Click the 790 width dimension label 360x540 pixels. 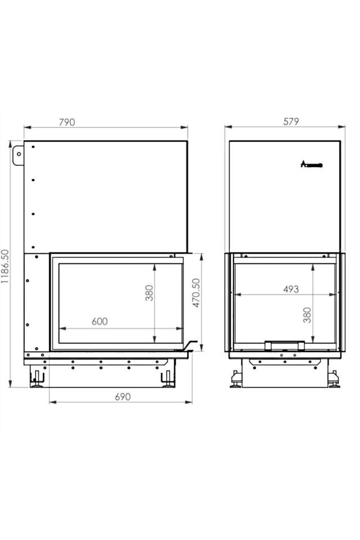66,121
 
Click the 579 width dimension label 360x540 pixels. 291,121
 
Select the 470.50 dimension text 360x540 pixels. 196,293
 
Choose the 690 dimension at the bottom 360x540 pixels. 123,397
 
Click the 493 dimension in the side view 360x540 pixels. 291,289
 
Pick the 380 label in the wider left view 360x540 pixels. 150,292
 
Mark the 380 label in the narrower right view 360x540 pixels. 307,314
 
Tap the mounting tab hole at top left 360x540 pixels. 18,152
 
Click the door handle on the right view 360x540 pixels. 285,344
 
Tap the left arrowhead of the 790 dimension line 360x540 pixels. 26,127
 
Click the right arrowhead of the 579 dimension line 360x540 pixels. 339,127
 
